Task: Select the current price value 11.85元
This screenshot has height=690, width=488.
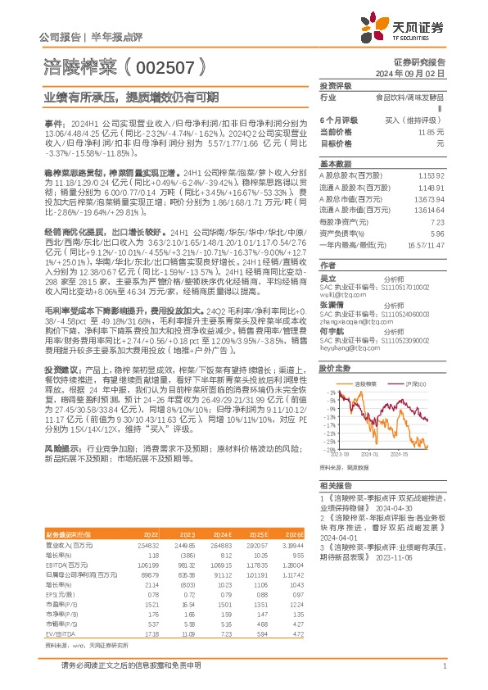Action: [x=430, y=131]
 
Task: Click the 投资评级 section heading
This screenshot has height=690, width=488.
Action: [x=335, y=86]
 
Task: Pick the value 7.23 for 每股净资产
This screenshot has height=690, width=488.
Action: [x=436, y=222]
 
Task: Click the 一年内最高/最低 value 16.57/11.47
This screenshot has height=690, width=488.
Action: [x=426, y=245]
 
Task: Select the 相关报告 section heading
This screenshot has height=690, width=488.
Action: [x=335, y=486]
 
